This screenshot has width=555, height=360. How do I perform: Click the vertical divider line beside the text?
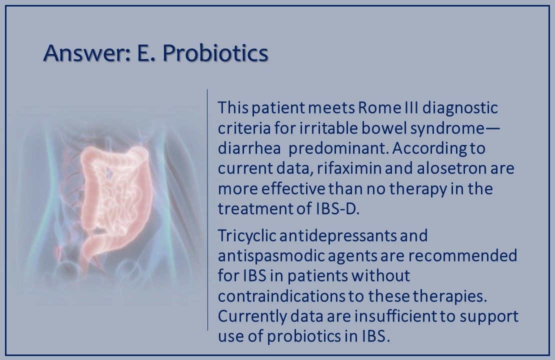coord(207,210)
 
